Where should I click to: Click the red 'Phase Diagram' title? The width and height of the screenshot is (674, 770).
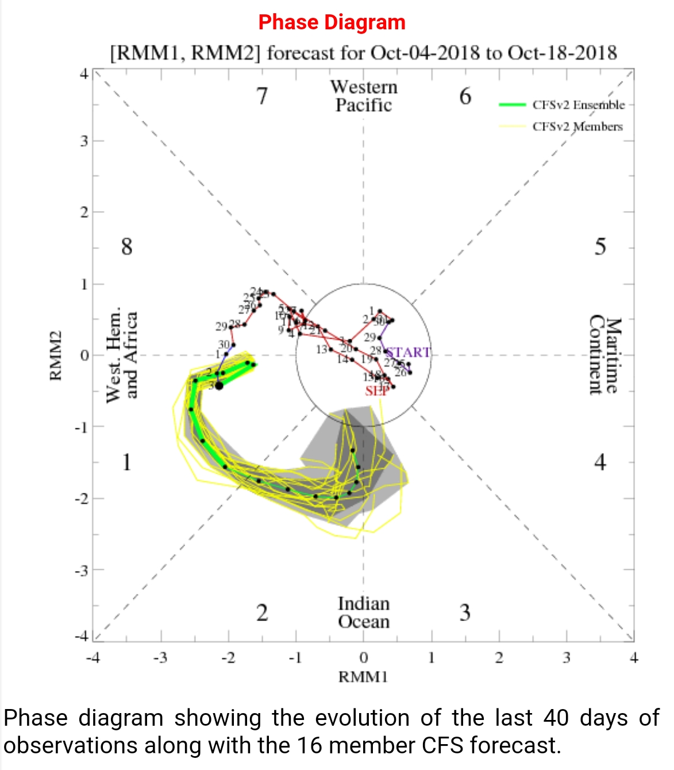pos(332,22)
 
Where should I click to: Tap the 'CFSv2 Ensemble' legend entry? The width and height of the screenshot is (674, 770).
pos(578,105)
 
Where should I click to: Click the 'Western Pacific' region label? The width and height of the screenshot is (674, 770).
pos(364,96)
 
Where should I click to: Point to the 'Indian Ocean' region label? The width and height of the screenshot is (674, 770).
pos(364,612)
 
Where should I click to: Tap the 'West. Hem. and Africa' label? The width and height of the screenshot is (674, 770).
pos(122,355)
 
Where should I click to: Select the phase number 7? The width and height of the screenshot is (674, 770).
pos(262,96)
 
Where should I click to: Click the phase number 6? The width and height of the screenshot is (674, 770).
pos(465,96)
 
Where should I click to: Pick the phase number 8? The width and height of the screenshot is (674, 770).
pos(126,247)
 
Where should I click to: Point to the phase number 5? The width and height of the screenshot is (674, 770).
pos(600,247)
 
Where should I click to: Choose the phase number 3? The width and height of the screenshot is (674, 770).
pos(465,613)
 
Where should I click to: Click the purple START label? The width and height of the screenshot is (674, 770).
pos(408,352)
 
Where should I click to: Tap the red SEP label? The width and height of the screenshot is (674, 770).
pos(376,391)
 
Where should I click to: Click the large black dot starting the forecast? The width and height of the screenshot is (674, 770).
pos(218,385)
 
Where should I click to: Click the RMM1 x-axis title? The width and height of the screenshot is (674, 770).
pos(363,677)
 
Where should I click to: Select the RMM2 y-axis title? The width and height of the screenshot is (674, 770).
pos(56,355)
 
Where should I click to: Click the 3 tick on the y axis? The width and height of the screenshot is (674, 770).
pos(84,141)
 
